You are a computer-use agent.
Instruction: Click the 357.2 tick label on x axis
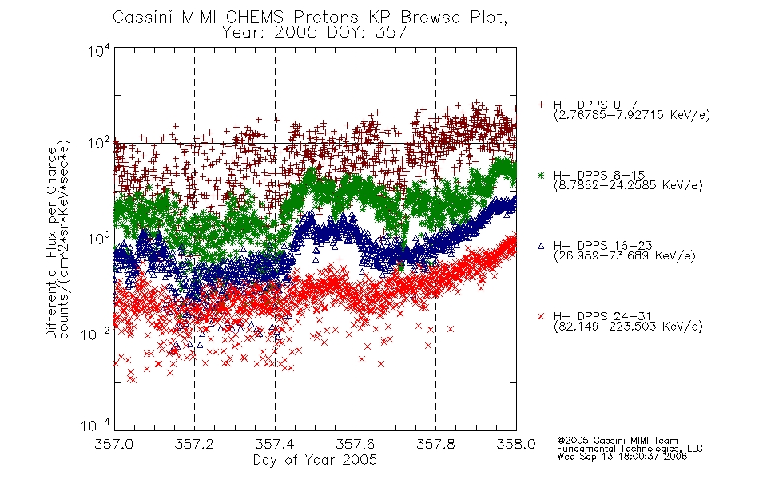(194, 444)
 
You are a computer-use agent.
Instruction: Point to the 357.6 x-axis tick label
(356, 444)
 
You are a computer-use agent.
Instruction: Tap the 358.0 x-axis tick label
(516, 444)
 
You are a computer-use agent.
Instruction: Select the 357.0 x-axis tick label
(114, 444)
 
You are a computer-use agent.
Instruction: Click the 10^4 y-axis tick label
(99, 50)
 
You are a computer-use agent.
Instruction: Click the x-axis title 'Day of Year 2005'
(315, 460)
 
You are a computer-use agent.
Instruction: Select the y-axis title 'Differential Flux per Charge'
(51, 243)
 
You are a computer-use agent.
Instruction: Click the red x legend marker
(541, 316)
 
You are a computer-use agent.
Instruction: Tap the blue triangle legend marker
(541, 246)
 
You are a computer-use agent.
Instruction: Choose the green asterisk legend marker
(541, 175)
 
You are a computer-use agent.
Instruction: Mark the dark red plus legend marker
(541, 105)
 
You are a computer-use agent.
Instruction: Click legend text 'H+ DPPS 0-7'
(595, 104)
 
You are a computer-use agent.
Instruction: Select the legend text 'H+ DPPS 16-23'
(603, 245)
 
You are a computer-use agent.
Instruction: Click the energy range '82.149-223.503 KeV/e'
(628, 327)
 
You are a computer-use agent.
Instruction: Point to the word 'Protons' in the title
(326, 18)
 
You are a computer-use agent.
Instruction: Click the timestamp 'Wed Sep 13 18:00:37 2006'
(622, 457)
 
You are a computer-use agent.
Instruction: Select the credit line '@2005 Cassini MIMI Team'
(617, 441)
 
